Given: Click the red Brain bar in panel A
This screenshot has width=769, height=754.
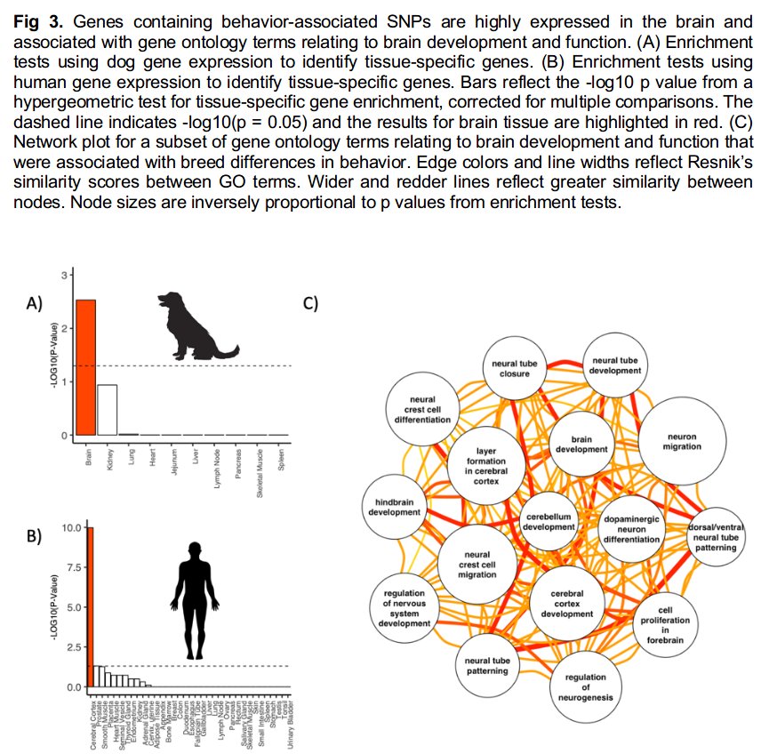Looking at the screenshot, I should pyautogui.click(x=85, y=367).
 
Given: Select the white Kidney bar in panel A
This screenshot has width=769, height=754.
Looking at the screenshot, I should pyautogui.click(x=107, y=410).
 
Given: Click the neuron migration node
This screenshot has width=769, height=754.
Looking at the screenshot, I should pyautogui.click(x=681, y=439).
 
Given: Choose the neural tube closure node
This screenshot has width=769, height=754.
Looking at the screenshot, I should pyautogui.click(x=509, y=368).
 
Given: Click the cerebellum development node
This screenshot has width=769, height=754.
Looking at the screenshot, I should pyautogui.click(x=549, y=521).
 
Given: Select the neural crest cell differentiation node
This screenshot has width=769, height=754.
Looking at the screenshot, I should pyautogui.click(x=422, y=410).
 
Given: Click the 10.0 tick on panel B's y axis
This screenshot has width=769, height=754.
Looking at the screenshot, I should pyautogui.click(x=70, y=528).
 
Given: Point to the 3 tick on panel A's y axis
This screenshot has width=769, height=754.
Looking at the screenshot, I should pyautogui.click(x=63, y=276).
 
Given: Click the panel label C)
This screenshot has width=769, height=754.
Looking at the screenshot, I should pyautogui.click(x=310, y=302).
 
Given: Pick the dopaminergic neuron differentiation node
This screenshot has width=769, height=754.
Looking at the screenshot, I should pyautogui.click(x=631, y=528).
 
